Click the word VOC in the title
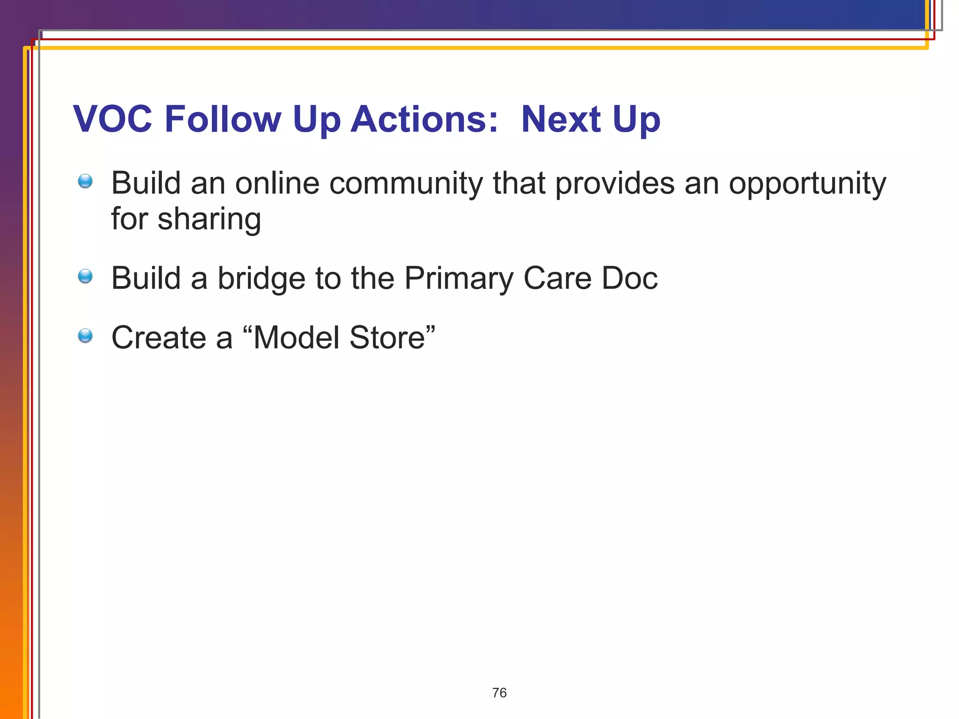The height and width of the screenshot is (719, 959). (x=113, y=119)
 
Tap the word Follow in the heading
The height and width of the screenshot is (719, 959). (x=222, y=119)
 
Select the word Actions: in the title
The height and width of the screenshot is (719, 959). (x=424, y=119)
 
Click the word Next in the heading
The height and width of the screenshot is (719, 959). (x=561, y=119)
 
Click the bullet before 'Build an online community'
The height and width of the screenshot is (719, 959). (x=85, y=181)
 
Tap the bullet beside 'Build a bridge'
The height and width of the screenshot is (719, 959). (x=85, y=276)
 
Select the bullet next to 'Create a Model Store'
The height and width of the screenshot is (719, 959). (x=85, y=336)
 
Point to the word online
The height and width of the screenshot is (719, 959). (x=277, y=183)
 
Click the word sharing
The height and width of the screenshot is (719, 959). (x=209, y=220)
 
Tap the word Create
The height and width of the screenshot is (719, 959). (x=158, y=337)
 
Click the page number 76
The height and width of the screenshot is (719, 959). (x=499, y=693)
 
